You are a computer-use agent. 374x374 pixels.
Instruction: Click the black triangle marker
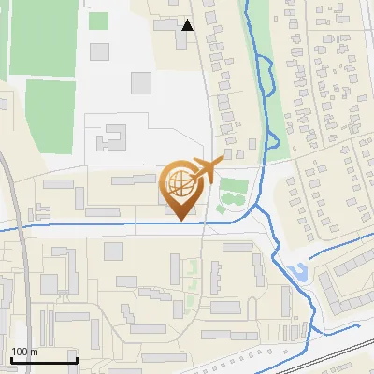[188, 25]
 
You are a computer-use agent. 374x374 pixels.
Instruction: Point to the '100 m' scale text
[25, 351]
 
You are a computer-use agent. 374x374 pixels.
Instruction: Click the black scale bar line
[44, 360]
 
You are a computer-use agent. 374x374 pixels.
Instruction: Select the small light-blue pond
[299, 273]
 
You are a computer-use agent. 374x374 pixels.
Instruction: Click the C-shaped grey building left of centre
[111, 137]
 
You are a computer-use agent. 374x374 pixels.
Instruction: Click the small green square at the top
[98, 21]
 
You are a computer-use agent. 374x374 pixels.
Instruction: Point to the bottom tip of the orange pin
[180, 221]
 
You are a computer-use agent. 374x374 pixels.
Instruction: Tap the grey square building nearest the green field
[140, 82]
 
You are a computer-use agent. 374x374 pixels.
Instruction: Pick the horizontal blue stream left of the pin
[84, 225]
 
